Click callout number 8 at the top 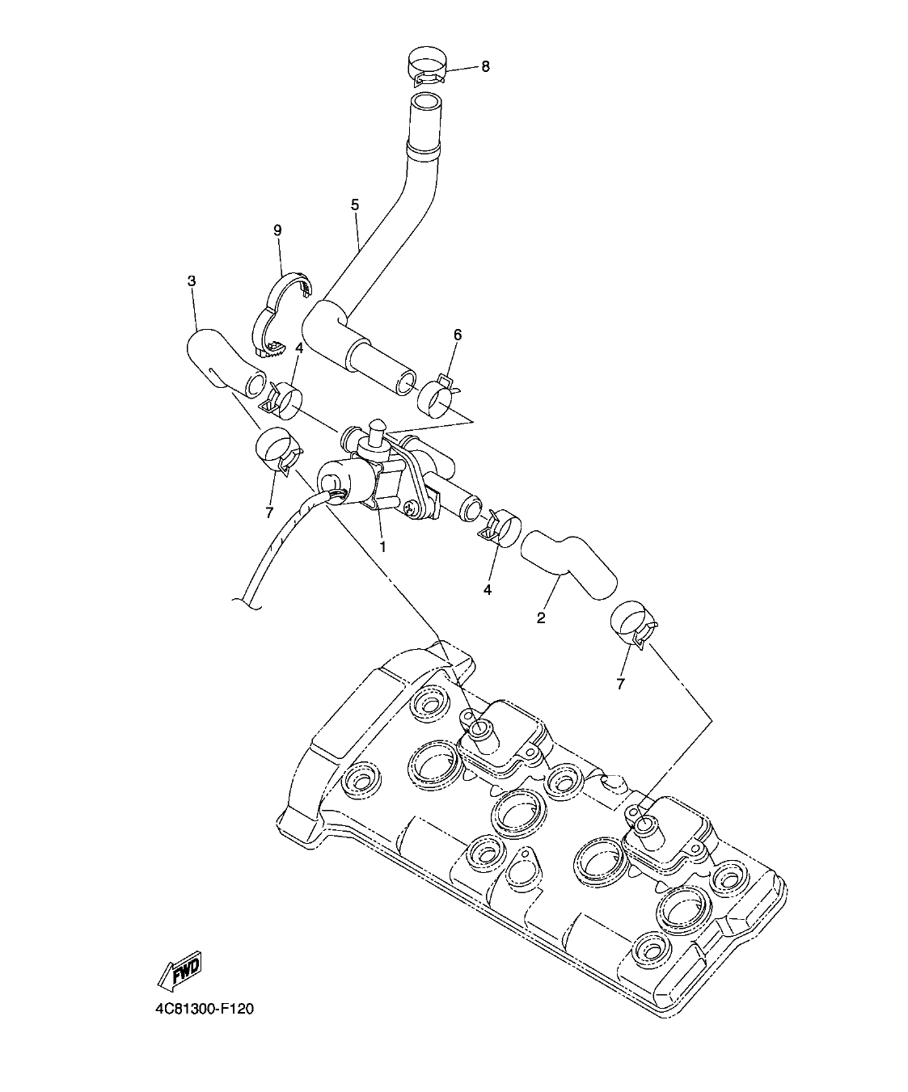pos(485,66)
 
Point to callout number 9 pos(277,230)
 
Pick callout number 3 pos(192,281)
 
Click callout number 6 pos(458,334)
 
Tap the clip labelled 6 pos(439,394)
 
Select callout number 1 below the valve pos(382,546)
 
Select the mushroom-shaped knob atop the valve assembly pos(376,425)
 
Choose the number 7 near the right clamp pos(621,684)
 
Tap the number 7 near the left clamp pos(269,512)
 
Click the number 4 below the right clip pos(488,589)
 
